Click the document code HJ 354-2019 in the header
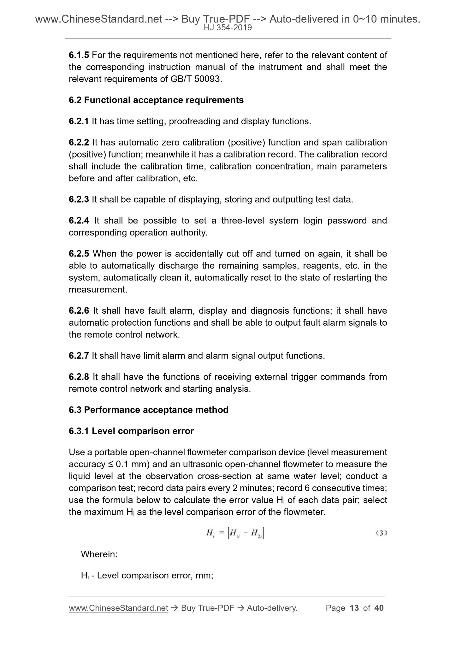[x=228, y=28]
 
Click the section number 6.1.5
[x=79, y=55]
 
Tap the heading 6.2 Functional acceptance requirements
[x=156, y=100]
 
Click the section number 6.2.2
[x=79, y=143]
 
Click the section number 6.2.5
[x=79, y=254]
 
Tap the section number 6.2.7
[x=79, y=356]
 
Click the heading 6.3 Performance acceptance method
[x=149, y=410]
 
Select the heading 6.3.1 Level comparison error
[x=131, y=431]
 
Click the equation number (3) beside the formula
[x=381, y=533]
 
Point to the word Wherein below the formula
[x=99, y=554]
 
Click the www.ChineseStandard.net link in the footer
[x=118, y=608]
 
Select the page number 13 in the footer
[x=354, y=608]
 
